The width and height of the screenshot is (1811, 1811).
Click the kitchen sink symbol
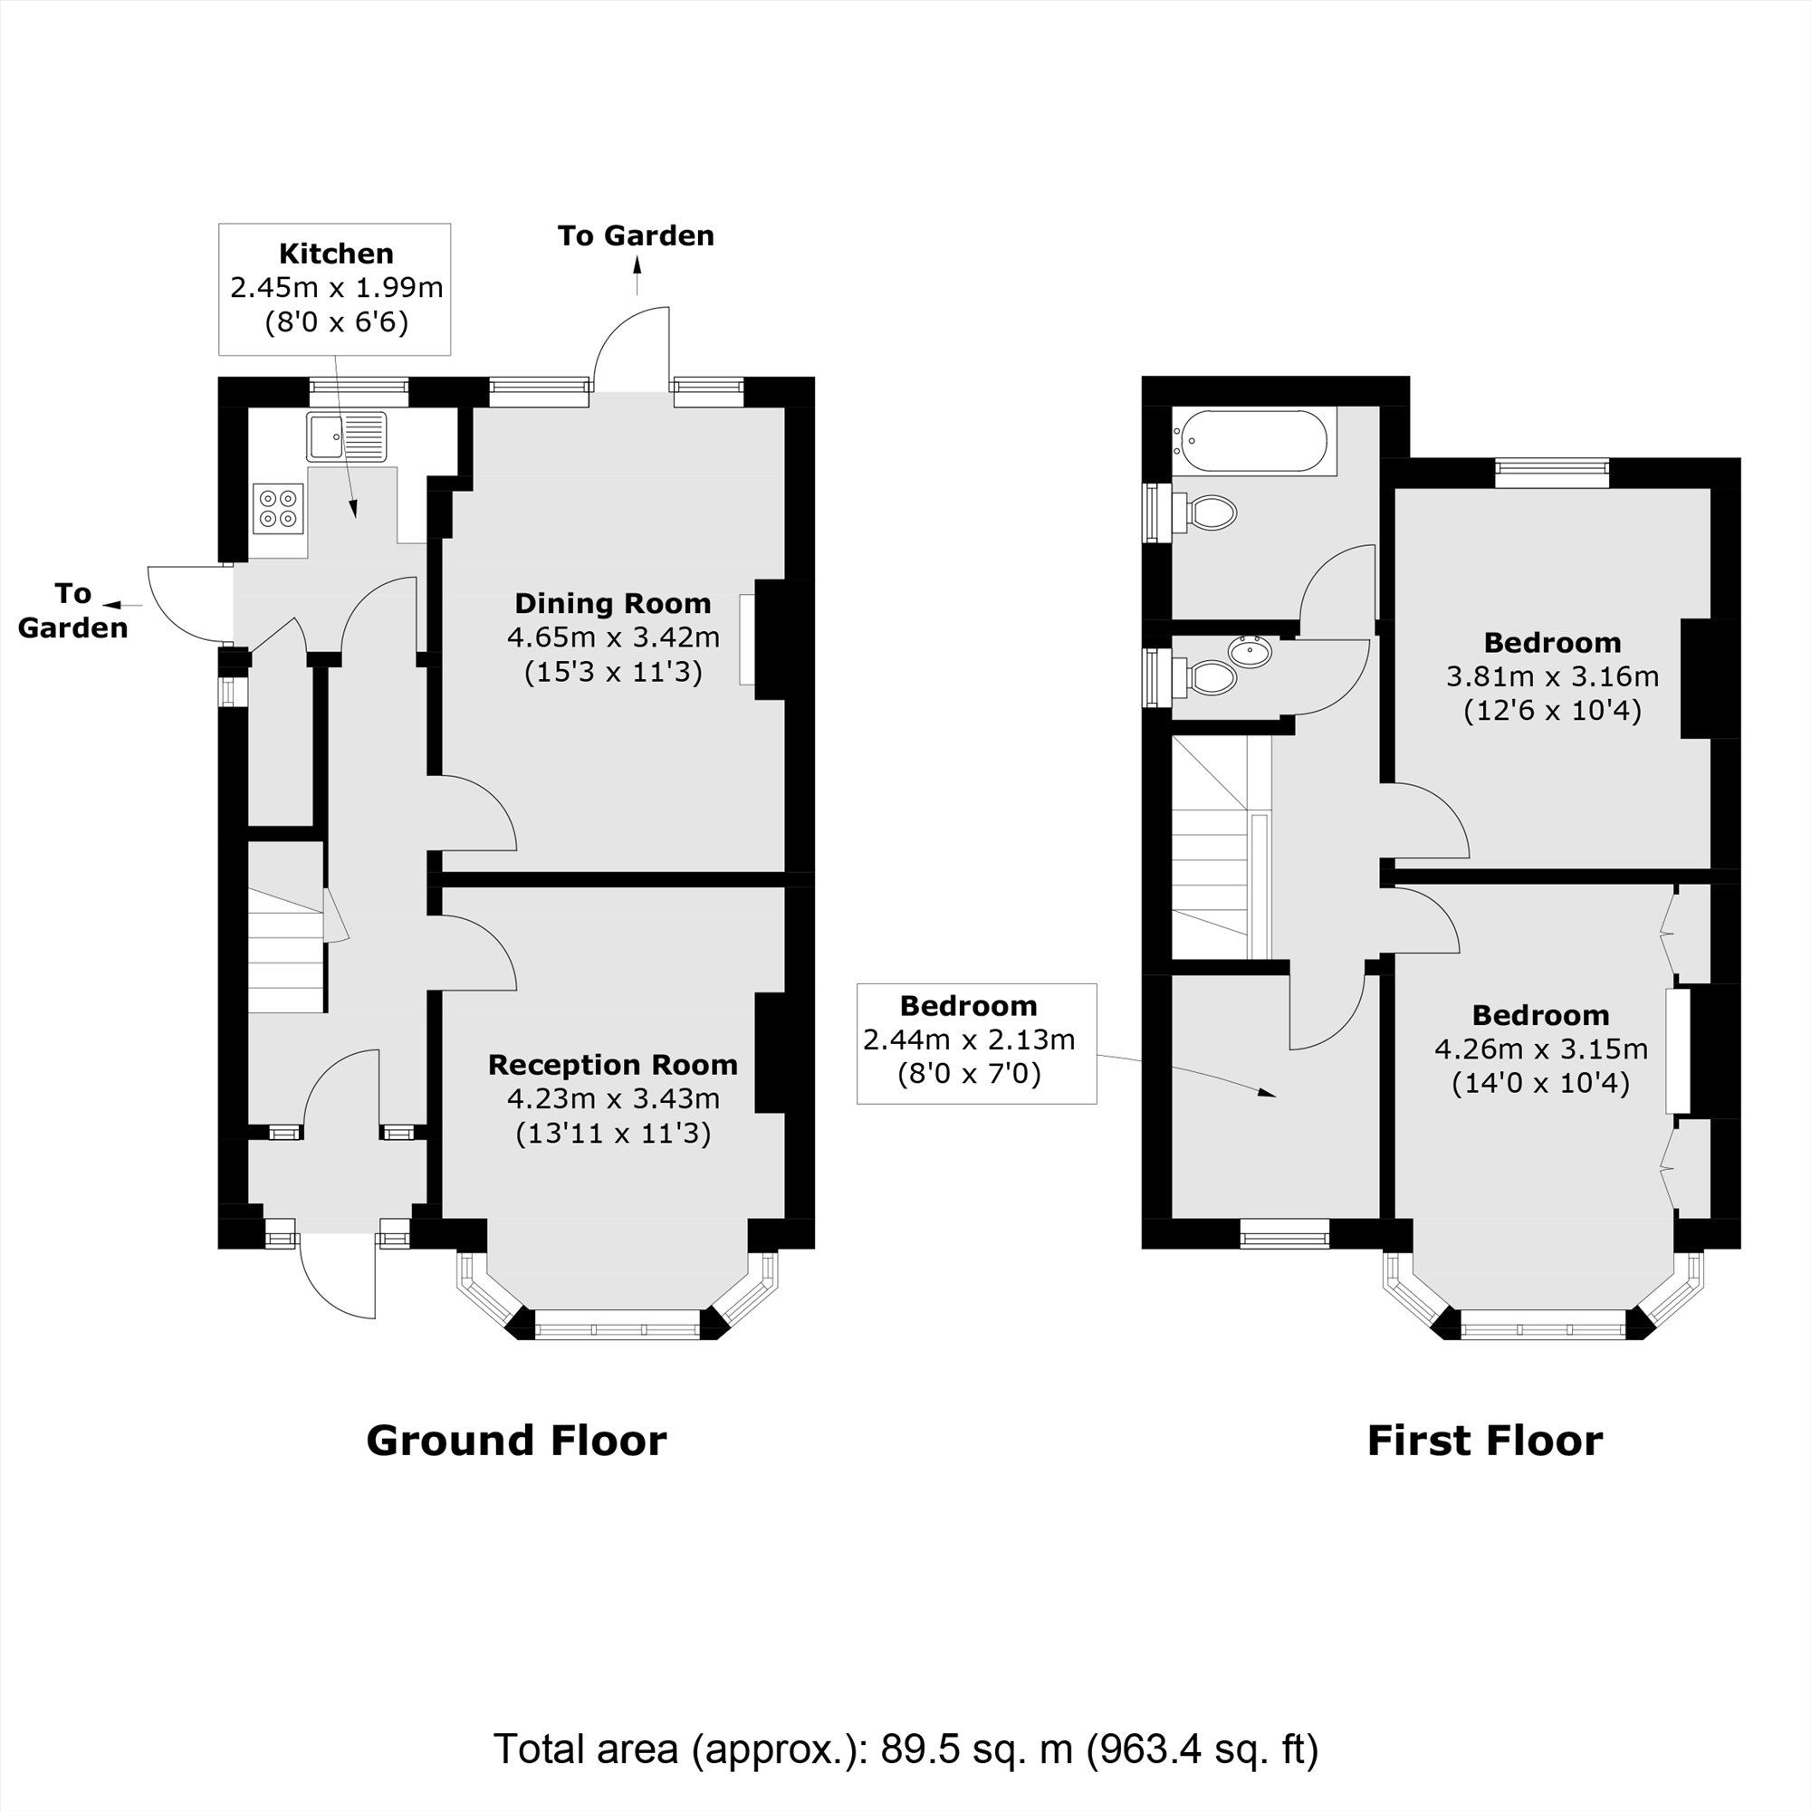tap(346, 436)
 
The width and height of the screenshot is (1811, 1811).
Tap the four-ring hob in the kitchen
tap(278, 508)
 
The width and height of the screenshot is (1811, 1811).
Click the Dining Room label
tap(612, 603)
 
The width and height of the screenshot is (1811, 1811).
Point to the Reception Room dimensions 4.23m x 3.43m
tap(612, 1098)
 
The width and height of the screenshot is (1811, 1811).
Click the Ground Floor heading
tap(515, 1440)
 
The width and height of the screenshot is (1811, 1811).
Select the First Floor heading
tap(1485, 1440)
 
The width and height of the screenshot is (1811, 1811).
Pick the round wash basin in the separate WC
tap(1250, 650)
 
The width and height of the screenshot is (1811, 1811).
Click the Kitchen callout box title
tap(336, 254)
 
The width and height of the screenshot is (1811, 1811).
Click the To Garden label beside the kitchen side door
tap(72, 610)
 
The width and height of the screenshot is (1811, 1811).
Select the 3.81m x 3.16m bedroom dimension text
tap(1552, 676)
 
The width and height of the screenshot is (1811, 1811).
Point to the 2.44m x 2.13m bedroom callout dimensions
tap(968, 1040)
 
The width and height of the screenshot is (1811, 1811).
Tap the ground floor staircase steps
tap(286, 952)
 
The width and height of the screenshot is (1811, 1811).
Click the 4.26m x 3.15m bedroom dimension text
tap(1540, 1049)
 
